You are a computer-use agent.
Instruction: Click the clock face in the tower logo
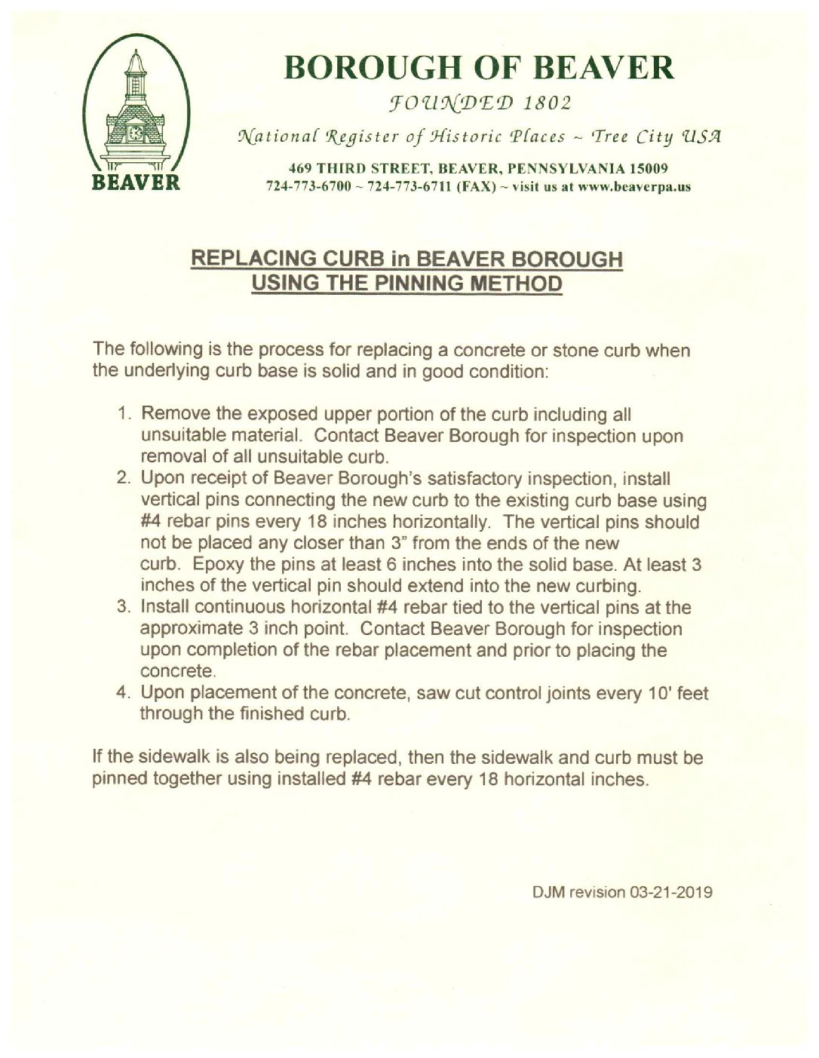click(137, 133)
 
